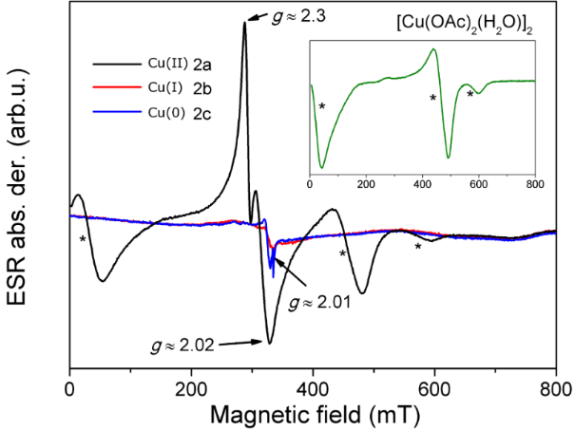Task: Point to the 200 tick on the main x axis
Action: click(192, 388)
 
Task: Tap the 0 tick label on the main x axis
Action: click(70, 388)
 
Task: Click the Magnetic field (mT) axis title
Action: click(314, 414)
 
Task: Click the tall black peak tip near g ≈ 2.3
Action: click(244, 22)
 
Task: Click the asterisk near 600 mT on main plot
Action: click(417, 248)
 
